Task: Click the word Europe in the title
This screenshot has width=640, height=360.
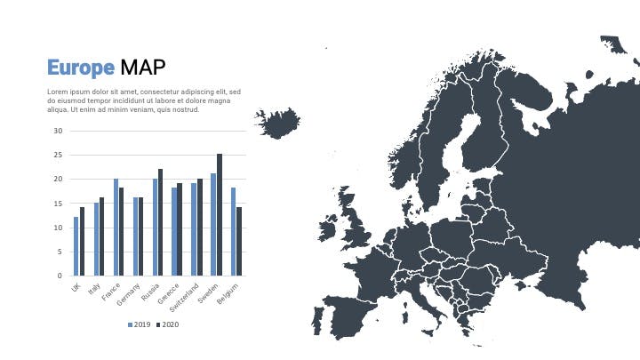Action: coord(81,68)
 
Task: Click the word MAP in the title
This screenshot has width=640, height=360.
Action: coord(143,68)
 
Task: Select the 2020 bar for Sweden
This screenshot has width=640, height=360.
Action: coord(220,215)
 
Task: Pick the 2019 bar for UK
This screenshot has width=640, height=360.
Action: coord(76,246)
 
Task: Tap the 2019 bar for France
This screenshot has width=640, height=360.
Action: coord(116,227)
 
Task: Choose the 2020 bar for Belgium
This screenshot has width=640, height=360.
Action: coord(239,241)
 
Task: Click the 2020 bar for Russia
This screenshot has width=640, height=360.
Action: coord(160,222)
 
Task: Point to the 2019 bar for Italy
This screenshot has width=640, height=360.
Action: coord(96,239)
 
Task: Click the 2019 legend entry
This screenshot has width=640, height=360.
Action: coord(140,325)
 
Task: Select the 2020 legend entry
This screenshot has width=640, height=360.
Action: coord(168,325)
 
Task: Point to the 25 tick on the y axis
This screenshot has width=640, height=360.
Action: coord(58,155)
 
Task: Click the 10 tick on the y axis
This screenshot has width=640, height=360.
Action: coord(58,228)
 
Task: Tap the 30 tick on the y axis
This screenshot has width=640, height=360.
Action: coord(58,131)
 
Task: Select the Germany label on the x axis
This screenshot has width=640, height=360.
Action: coord(128,294)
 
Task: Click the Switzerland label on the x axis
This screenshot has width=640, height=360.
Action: coord(184,297)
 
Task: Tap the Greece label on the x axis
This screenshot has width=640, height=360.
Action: coord(168,294)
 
